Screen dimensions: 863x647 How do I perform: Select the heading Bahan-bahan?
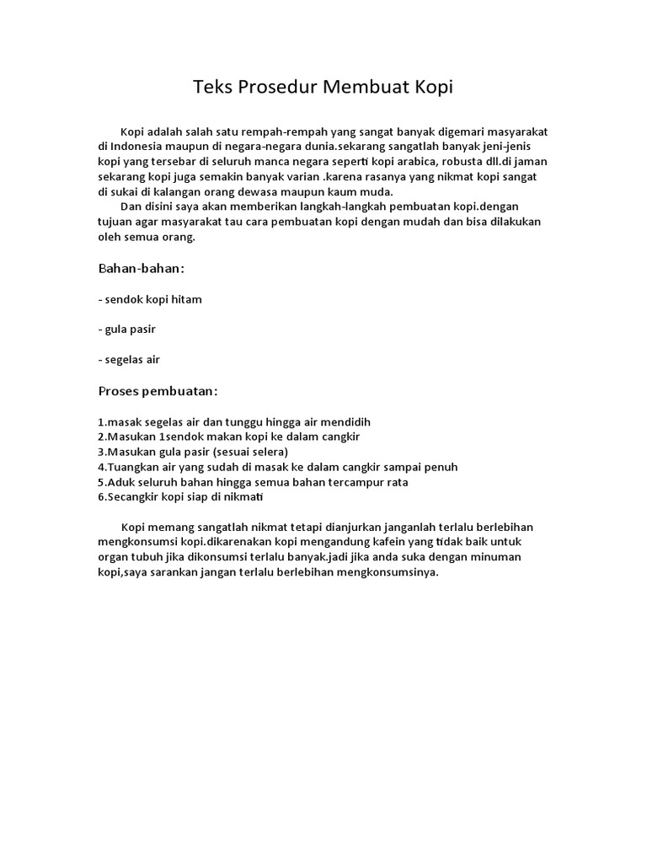click(x=142, y=268)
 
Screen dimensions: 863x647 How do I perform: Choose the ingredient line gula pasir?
click(x=127, y=329)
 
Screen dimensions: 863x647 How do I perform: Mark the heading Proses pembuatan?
click(x=158, y=392)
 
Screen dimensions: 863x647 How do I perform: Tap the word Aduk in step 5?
click(x=120, y=482)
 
